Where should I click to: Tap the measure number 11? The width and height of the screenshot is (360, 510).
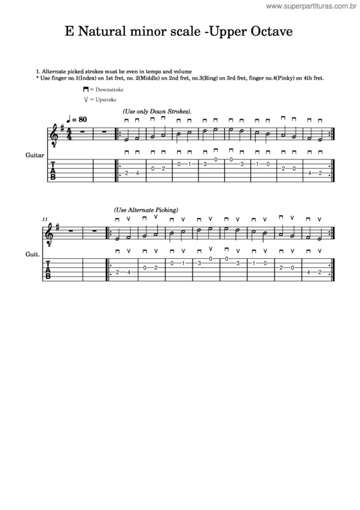pyautogui.click(x=45, y=219)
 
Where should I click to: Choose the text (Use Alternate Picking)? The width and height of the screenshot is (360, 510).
pyautogui.click(x=146, y=210)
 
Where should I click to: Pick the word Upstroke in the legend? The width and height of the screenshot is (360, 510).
pyautogui.click(x=105, y=100)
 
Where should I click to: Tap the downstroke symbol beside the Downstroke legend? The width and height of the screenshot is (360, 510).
pyautogui.click(x=84, y=91)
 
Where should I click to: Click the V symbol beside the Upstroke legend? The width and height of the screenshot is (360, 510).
pyautogui.click(x=84, y=100)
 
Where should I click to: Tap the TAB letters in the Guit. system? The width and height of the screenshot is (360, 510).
pyautogui.click(x=53, y=269)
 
